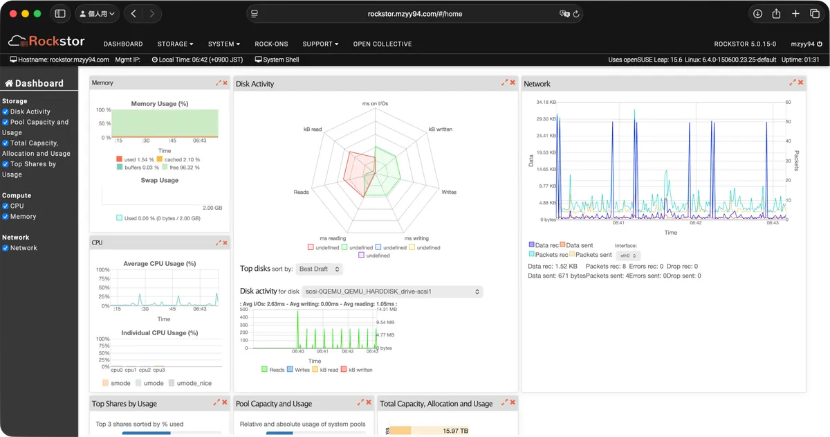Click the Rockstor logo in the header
click(46, 42)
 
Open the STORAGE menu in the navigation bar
click(175, 44)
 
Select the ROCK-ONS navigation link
click(271, 44)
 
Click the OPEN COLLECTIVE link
click(382, 44)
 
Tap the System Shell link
click(277, 60)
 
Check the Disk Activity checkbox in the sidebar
click(6, 112)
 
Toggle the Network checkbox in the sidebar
click(6, 248)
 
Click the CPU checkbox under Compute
click(6, 206)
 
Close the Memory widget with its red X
click(225, 83)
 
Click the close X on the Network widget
click(801, 83)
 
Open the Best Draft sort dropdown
click(319, 269)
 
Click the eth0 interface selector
click(627, 256)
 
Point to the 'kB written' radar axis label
click(441, 129)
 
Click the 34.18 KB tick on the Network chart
click(547, 102)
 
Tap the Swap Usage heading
click(160, 180)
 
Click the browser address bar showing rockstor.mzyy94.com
click(415, 14)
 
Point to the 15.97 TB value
click(455, 431)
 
